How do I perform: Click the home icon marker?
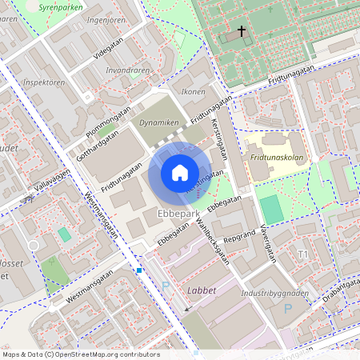coord(179,173)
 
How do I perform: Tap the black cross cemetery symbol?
coord(242,31)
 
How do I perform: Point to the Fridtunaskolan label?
coord(277,158)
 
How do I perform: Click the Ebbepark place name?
coord(178,215)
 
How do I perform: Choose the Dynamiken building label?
coord(158,123)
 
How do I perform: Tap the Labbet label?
coord(202,290)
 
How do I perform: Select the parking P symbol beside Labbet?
coord(166,286)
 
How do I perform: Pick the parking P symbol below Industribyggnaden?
coord(288,309)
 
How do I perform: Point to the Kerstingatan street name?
coord(219,138)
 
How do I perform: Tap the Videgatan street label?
coord(110,49)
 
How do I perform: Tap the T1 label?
coord(303,254)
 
